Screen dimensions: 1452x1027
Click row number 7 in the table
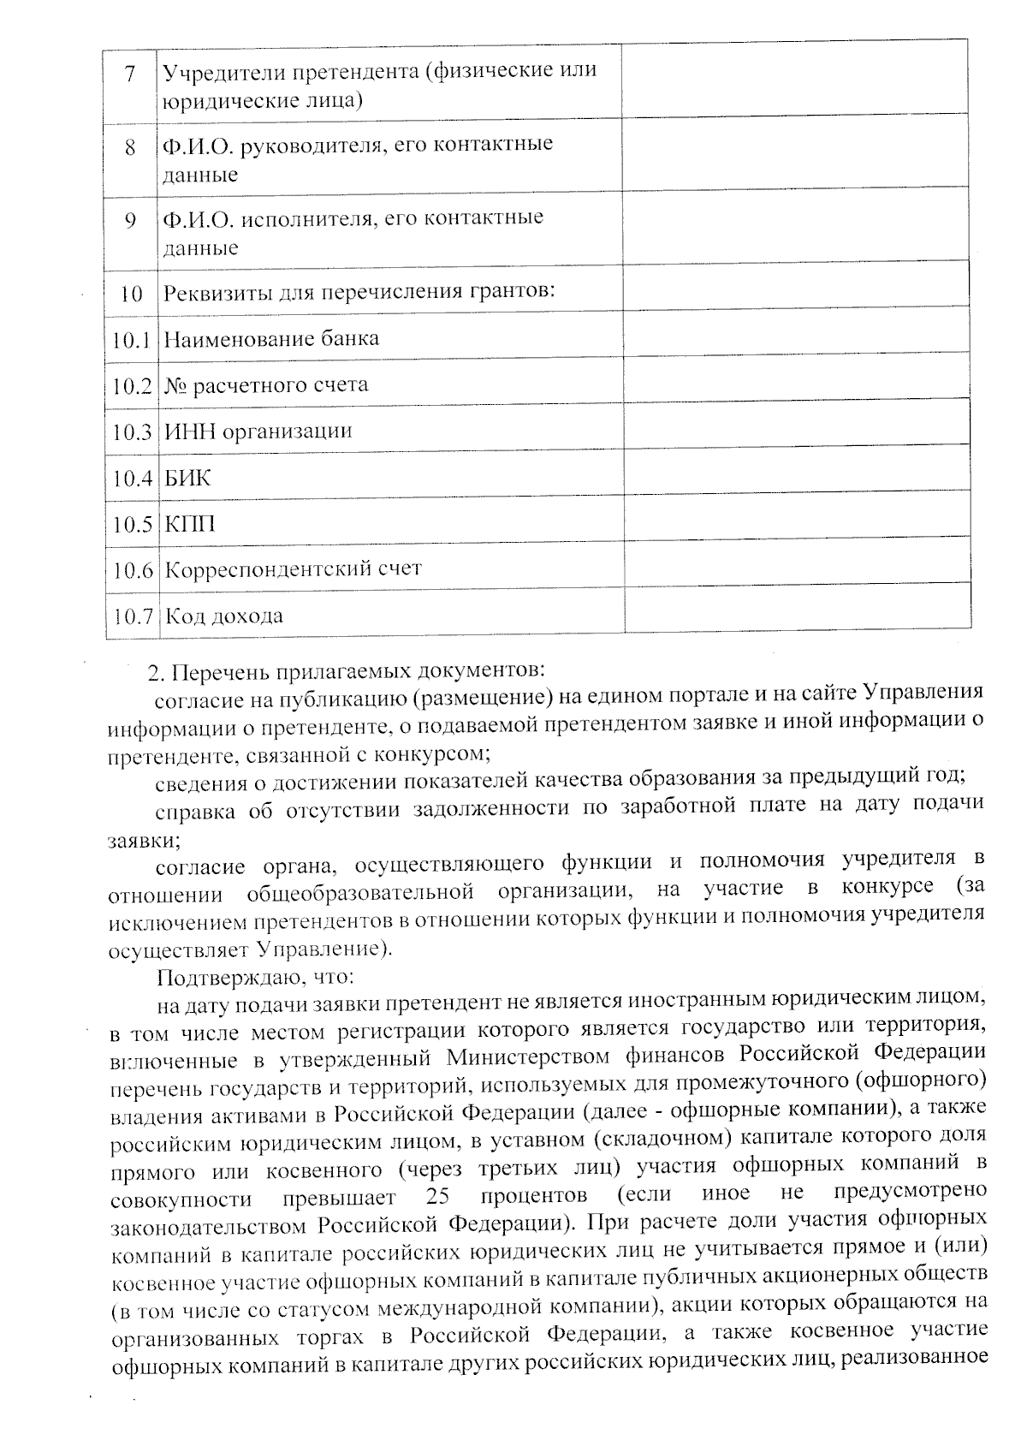131,74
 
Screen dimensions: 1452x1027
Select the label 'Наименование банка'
270,339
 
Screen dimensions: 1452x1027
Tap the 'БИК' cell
187,478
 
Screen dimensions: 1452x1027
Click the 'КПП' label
189,524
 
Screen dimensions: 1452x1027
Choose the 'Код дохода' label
223,616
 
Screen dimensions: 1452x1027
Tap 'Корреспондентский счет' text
293,569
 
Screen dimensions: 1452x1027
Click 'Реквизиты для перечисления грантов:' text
359,292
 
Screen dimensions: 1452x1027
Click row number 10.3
132,431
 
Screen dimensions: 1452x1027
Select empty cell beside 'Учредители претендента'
796,80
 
